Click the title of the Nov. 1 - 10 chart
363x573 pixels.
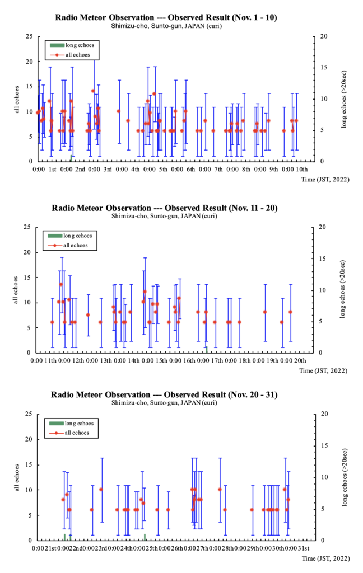click(x=166, y=17)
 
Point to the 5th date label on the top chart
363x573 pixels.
click(x=163, y=168)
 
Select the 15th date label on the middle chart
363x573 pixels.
click(x=161, y=360)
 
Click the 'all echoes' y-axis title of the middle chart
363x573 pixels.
click(x=17, y=290)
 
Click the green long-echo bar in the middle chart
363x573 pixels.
click(x=207, y=350)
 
